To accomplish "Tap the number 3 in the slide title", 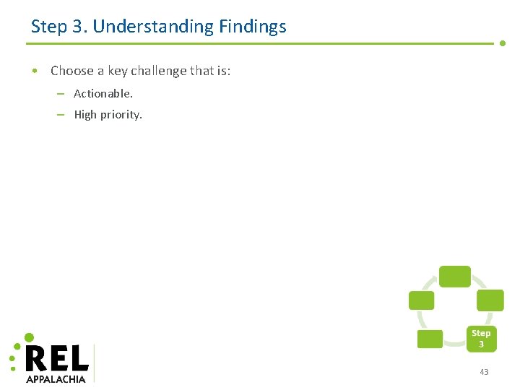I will coord(79,27).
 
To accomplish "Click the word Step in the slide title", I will coord(49,27).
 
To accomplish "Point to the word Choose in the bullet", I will coord(72,71).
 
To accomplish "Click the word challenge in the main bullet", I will coord(158,71).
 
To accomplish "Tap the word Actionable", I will coord(103,94).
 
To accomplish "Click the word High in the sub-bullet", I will coord(85,115).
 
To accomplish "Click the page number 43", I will coord(484,372).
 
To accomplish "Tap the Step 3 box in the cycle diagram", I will coord(481,339).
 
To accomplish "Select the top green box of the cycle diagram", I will coord(455,277).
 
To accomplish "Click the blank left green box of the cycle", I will coord(422,300).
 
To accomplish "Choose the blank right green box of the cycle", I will coord(490,300).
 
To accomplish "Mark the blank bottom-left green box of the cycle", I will coord(430,339).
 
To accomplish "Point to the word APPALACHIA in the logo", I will coord(56,378).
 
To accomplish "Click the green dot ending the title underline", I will coord(503,43).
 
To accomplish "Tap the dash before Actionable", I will coord(61,94).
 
